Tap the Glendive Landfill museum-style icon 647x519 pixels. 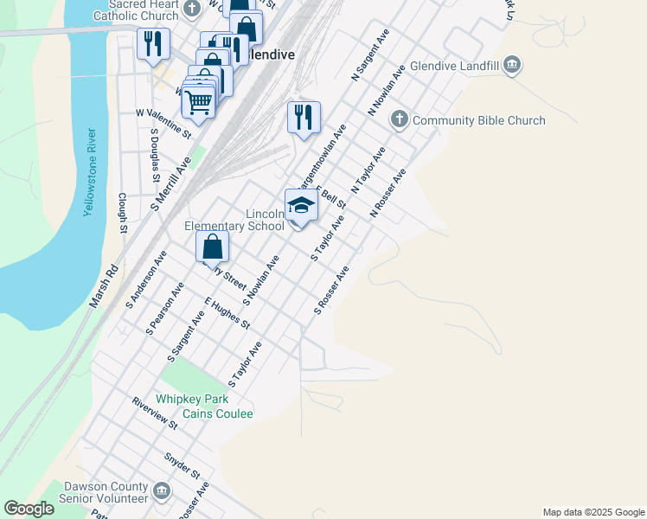tap(513, 65)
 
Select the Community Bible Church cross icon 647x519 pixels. tap(400, 120)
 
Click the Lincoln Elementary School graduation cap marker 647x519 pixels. tap(301, 206)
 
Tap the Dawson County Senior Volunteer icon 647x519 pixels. tap(162, 492)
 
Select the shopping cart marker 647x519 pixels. tap(198, 104)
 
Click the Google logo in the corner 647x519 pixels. tap(29, 509)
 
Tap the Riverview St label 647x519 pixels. tap(155, 413)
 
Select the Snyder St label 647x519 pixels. tap(182, 465)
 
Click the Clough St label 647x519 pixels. tap(123, 213)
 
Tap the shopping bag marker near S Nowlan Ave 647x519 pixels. tap(212, 247)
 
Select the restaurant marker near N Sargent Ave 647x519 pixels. tap(304, 117)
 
